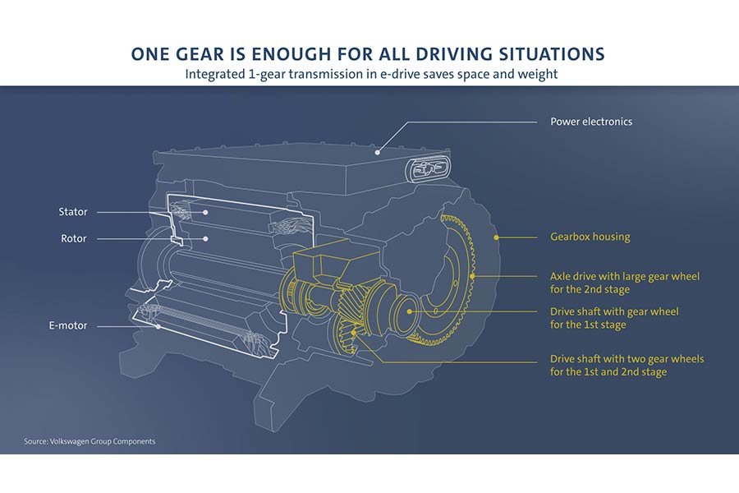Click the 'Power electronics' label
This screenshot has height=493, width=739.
tap(590, 122)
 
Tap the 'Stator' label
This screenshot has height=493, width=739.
tap(73, 212)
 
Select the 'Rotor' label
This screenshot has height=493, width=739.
tap(73, 239)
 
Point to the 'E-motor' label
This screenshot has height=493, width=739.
tap(67, 326)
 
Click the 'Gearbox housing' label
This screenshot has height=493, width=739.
tap(590, 237)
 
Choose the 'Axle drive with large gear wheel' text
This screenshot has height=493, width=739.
tap(624, 277)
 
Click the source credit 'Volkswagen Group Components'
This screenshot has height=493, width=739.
tap(90, 441)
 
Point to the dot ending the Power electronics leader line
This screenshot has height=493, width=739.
tap(377, 152)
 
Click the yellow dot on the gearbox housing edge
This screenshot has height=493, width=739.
tap(496, 237)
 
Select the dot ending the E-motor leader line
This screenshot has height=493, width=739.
tap(159, 326)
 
